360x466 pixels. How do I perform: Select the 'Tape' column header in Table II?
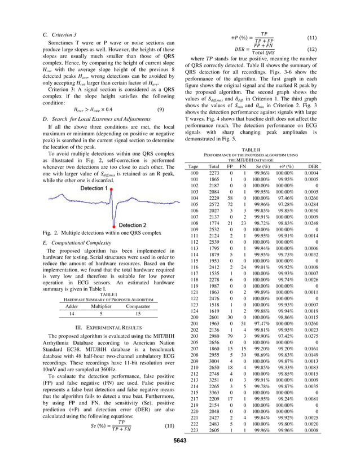194,167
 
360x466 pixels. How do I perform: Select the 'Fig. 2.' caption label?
51,232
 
